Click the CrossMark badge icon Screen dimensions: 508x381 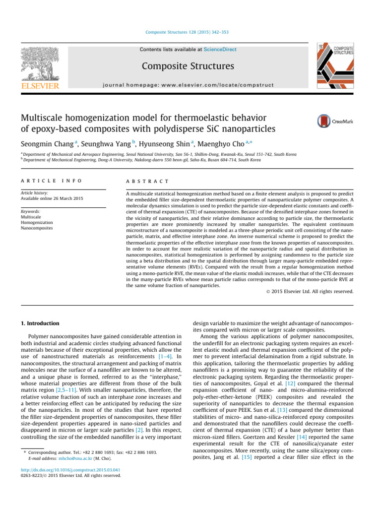(x=324, y=121)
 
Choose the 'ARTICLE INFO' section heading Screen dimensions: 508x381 (x=51, y=182)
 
